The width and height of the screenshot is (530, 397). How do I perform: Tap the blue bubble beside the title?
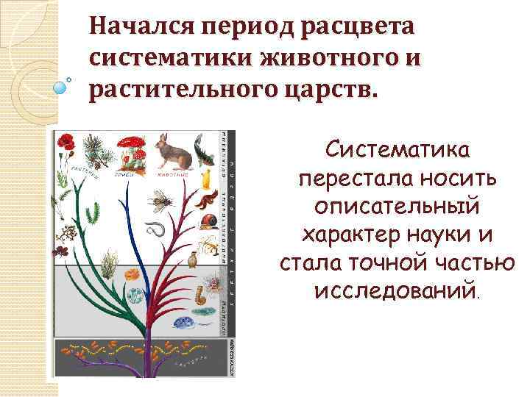point(60,87)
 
